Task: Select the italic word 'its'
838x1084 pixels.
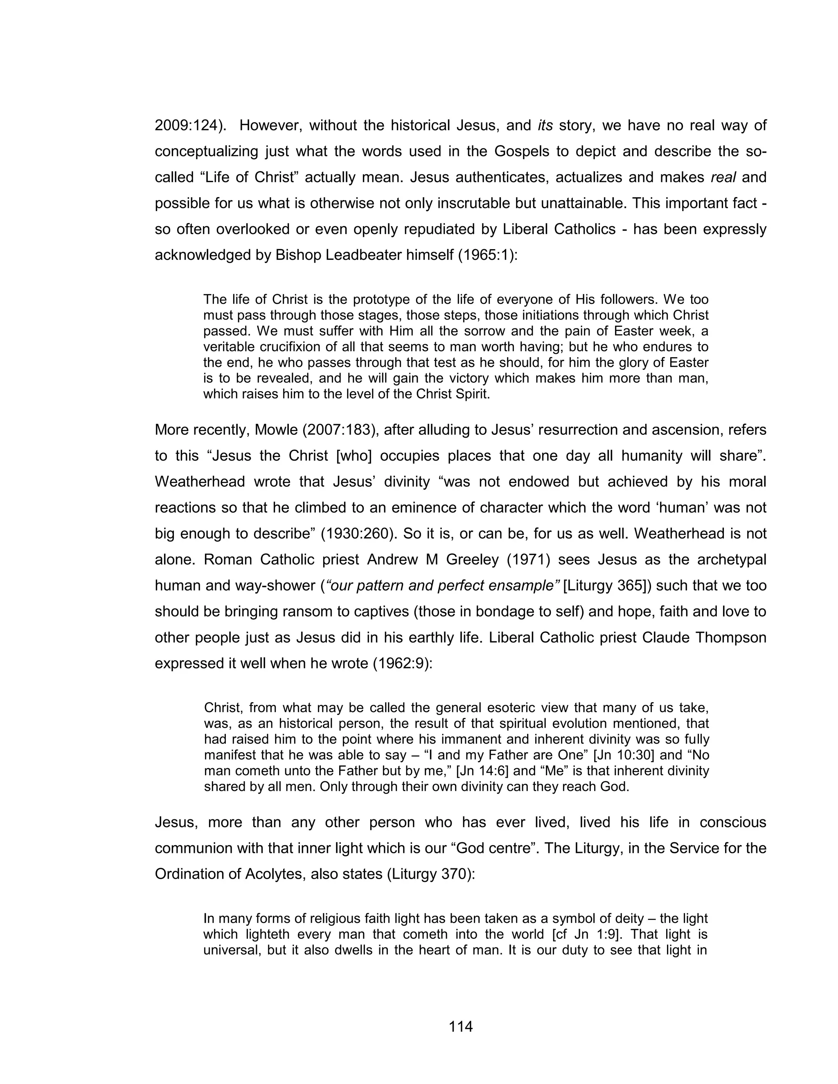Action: point(545,126)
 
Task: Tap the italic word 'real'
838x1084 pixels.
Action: point(723,177)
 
